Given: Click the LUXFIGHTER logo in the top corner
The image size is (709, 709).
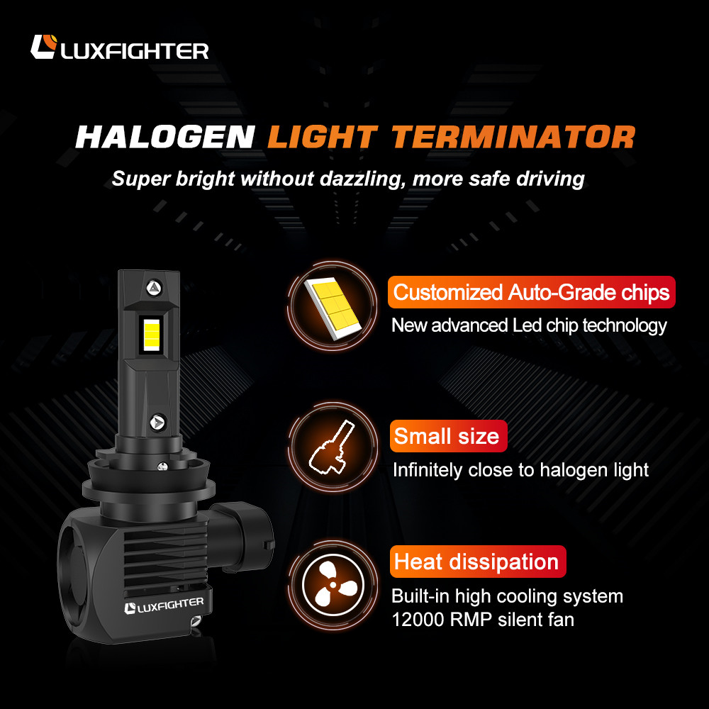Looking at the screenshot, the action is coord(119,47).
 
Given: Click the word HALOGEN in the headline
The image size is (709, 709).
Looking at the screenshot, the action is coord(165,137).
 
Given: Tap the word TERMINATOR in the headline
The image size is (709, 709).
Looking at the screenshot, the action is coord(513,137).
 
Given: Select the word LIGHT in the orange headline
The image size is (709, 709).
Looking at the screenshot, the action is coord(323,137).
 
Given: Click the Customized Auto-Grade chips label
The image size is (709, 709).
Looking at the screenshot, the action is coord(531,292).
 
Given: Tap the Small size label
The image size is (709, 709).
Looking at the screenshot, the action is coord(448,436).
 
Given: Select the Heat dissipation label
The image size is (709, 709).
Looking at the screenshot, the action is coord(477,562).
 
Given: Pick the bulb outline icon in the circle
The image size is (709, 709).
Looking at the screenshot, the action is coord(331,447).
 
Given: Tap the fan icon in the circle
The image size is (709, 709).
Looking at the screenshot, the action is coord(333,585).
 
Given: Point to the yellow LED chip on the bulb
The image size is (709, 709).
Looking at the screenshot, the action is coord(152,334).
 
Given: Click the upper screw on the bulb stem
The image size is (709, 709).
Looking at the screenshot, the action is coord(154,287).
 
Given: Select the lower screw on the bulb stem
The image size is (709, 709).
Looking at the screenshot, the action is coord(158,423).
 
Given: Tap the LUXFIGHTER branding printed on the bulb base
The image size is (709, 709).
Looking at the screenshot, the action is coord(164,605).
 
